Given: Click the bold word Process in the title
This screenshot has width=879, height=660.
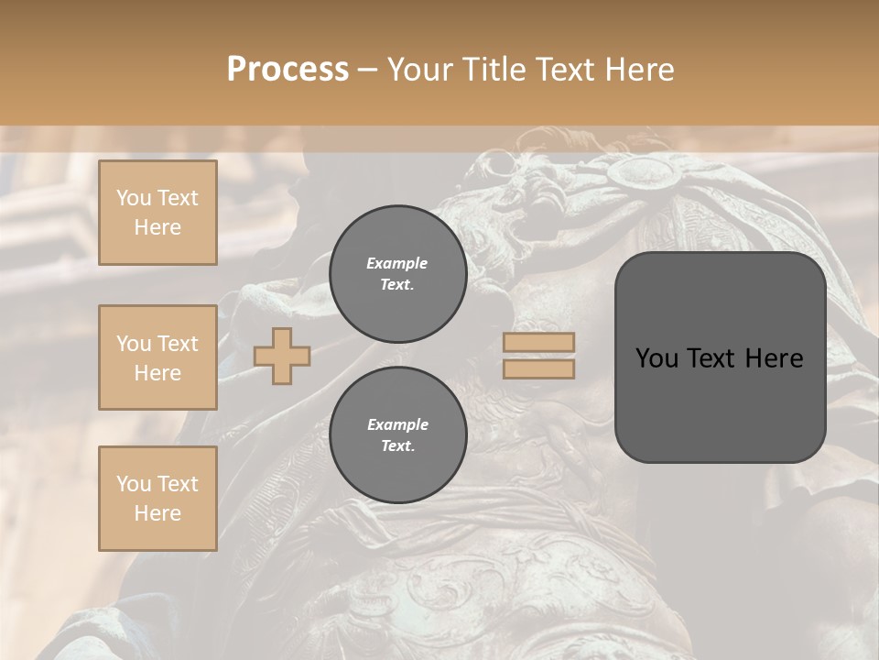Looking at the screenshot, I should pos(288,70).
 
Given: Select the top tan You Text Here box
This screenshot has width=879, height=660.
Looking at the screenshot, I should pos(157,213).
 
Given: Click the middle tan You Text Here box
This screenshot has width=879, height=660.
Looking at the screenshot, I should pos(157,357).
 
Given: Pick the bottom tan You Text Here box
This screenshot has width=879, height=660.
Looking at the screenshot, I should pos(157,499).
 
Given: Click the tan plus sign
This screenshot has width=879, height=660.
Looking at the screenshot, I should pos(282,356).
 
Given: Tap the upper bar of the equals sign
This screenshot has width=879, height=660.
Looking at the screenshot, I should pos(538,342).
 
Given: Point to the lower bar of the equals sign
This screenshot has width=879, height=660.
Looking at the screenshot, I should pos(538,368).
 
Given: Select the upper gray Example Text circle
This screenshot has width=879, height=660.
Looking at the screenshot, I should pos(397,274).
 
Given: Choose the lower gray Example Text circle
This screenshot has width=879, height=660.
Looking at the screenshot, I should pos(397,435).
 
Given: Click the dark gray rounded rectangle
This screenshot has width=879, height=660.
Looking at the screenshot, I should pos(720,357).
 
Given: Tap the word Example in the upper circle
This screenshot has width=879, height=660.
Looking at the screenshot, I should pos(397,263).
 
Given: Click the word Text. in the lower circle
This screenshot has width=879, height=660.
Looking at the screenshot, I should pos(397,446).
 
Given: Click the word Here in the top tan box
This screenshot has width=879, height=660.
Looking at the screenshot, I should pos(157,227).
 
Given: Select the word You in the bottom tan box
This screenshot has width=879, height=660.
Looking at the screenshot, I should pos(134,484).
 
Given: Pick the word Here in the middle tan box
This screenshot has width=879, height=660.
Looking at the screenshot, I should pos(157,373).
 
